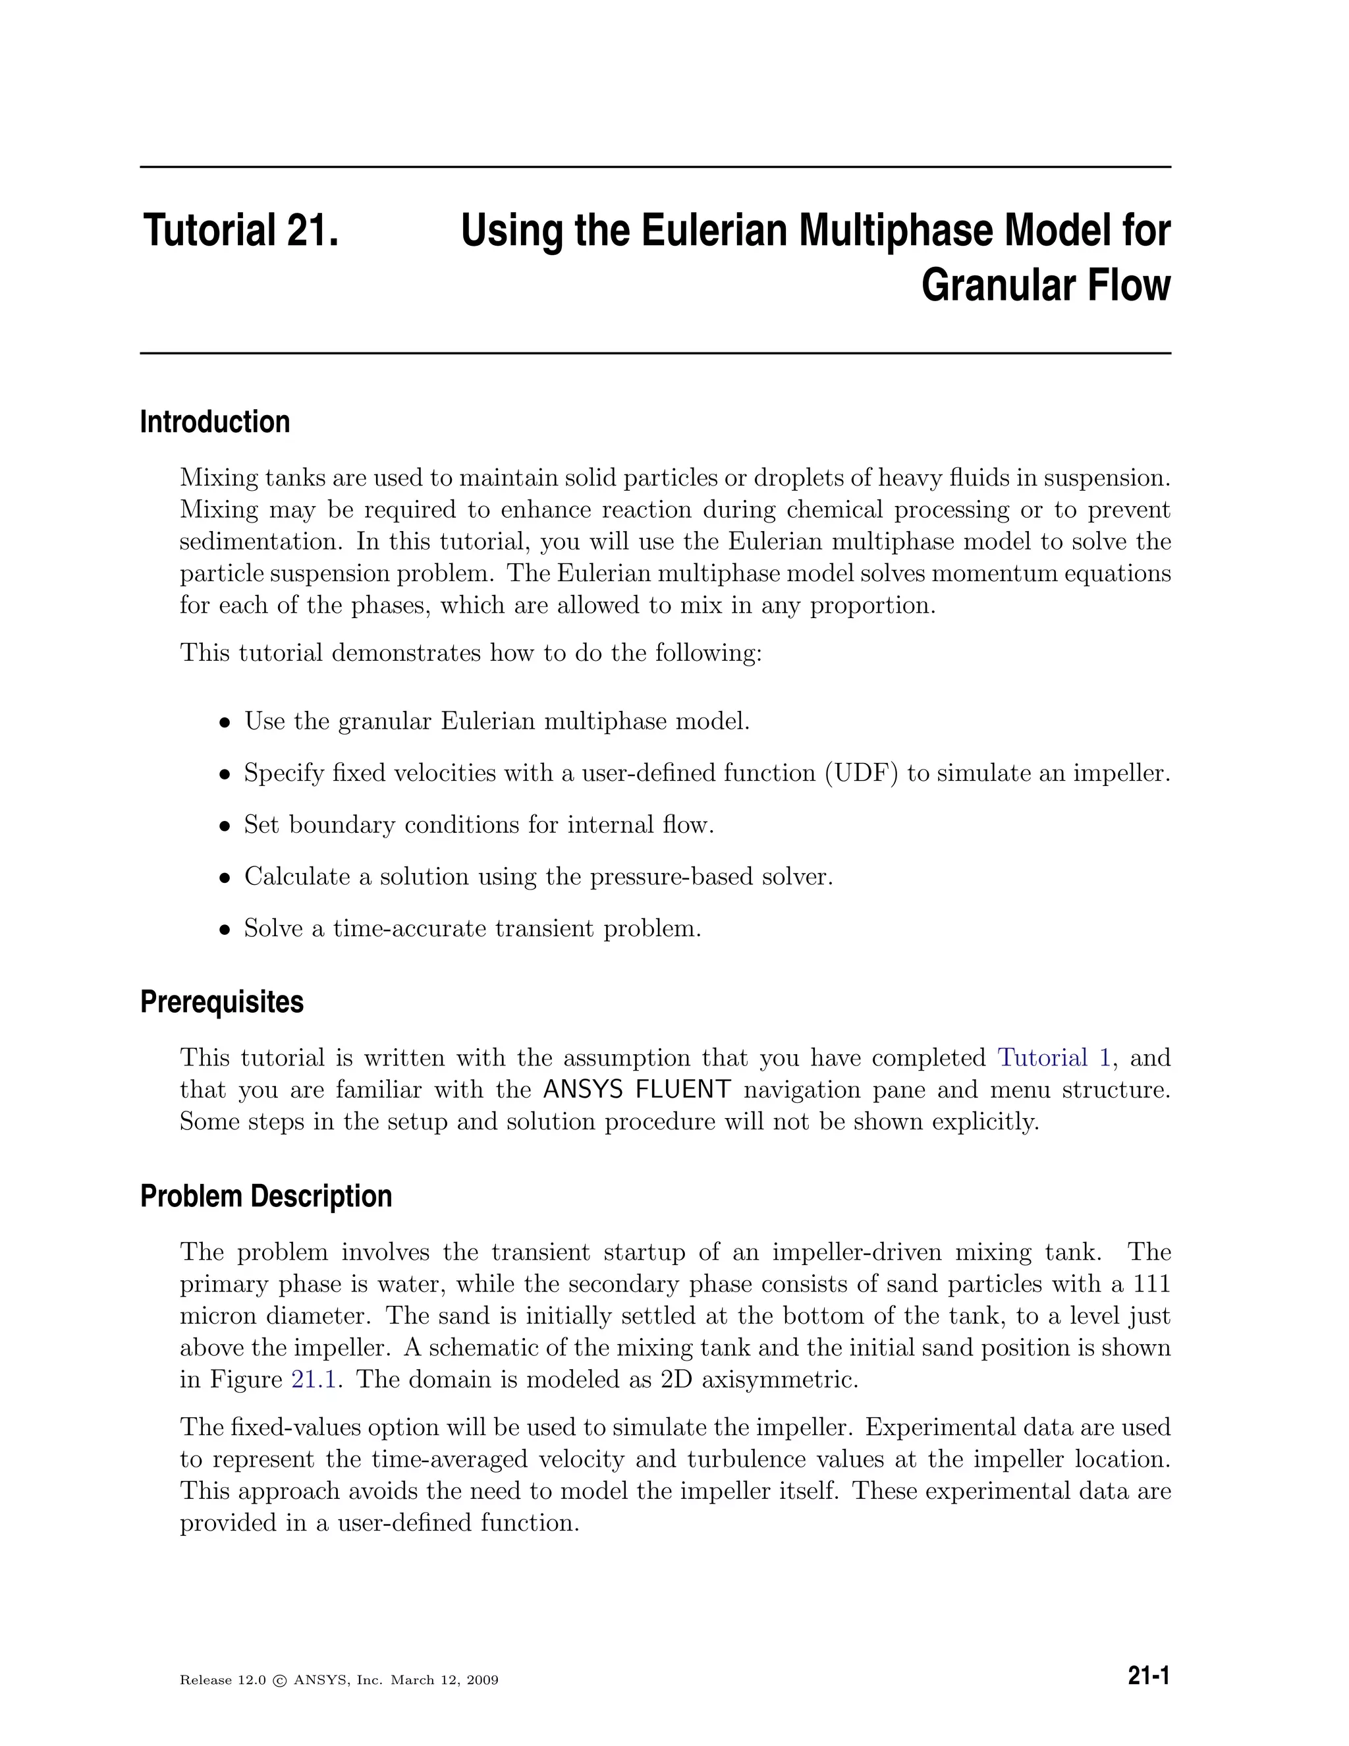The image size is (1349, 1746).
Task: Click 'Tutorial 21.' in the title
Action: (x=241, y=230)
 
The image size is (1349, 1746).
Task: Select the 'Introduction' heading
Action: (x=215, y=422)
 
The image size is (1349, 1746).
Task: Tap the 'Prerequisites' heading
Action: (x=221, y=1001)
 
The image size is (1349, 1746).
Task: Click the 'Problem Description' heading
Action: (x=266, y=1196)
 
